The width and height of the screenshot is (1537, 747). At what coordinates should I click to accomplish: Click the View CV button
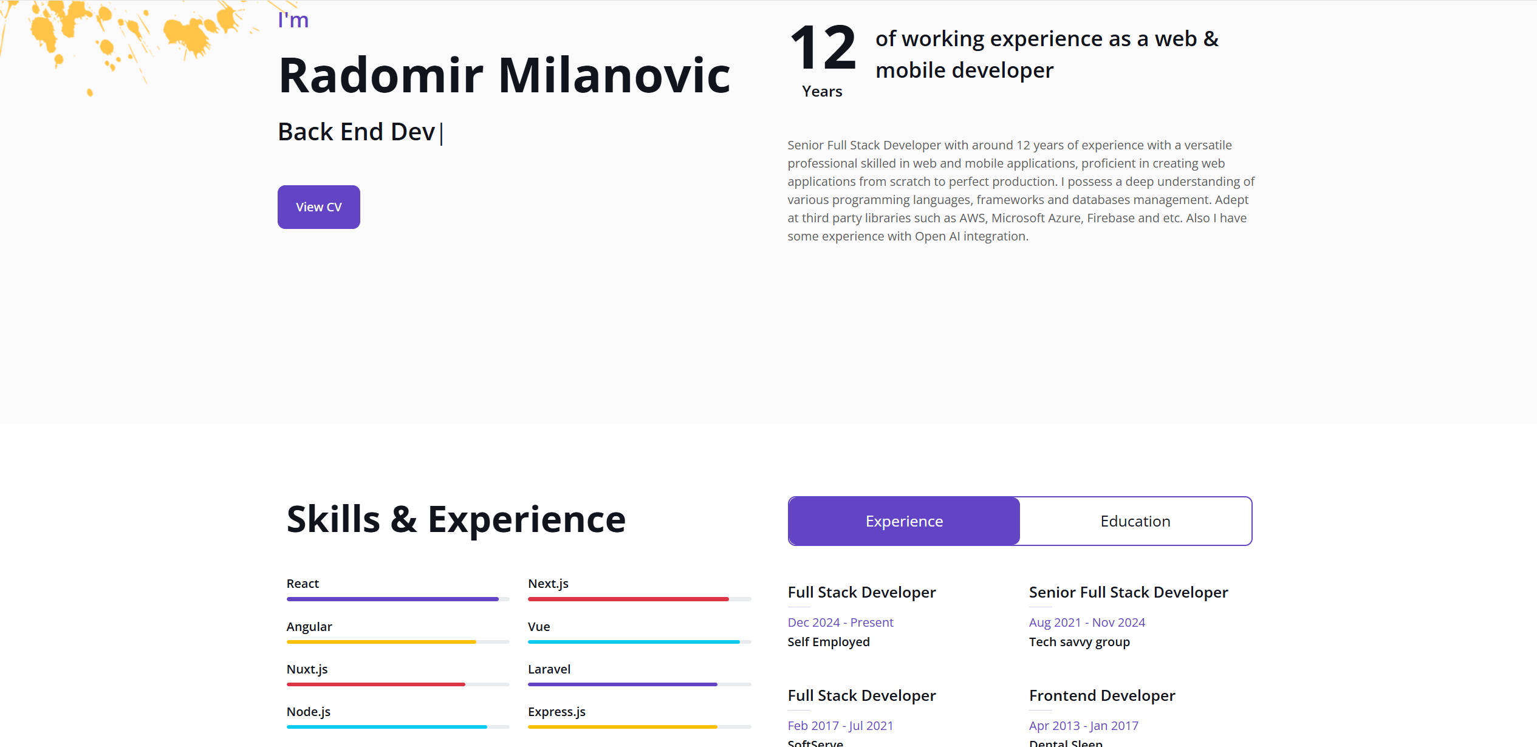pos(318,207)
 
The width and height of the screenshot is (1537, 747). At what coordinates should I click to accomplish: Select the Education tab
pos(1135,521)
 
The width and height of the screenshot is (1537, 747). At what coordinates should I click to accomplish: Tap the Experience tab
pos(904,521)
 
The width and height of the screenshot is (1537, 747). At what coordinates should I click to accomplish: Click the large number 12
pos(823,48)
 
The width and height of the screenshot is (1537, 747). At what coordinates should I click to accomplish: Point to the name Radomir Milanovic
pos(504,75)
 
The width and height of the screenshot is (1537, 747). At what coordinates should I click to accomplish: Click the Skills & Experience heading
pos(456,519)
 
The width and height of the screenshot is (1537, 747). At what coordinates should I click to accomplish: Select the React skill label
pos(303,584)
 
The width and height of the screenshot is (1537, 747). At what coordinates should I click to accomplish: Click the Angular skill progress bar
pos(398,642)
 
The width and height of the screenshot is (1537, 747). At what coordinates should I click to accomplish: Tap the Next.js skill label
pos(548,584)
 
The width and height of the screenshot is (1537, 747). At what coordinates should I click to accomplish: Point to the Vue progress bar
pos(640,642)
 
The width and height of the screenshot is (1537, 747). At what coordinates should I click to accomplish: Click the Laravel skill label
pos(549,669)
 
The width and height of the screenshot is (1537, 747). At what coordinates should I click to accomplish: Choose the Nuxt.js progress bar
pos(398,684)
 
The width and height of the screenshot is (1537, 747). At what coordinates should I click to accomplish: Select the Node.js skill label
pos(309,712)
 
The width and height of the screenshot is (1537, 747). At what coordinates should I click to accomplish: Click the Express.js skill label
pos(556,712)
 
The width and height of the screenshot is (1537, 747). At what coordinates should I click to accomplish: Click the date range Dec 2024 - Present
pos(840,622)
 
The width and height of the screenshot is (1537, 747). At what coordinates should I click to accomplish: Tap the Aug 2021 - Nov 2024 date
pos(1087,622)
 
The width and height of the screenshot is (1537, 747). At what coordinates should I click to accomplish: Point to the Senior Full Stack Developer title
pos(1128,592)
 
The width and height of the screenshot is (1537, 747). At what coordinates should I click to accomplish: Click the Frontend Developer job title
pos(1102,695)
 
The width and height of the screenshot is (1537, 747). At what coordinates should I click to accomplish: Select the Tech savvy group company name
pos(1080,642)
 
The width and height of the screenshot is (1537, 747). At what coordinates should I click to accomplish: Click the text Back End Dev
pos(357,132)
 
